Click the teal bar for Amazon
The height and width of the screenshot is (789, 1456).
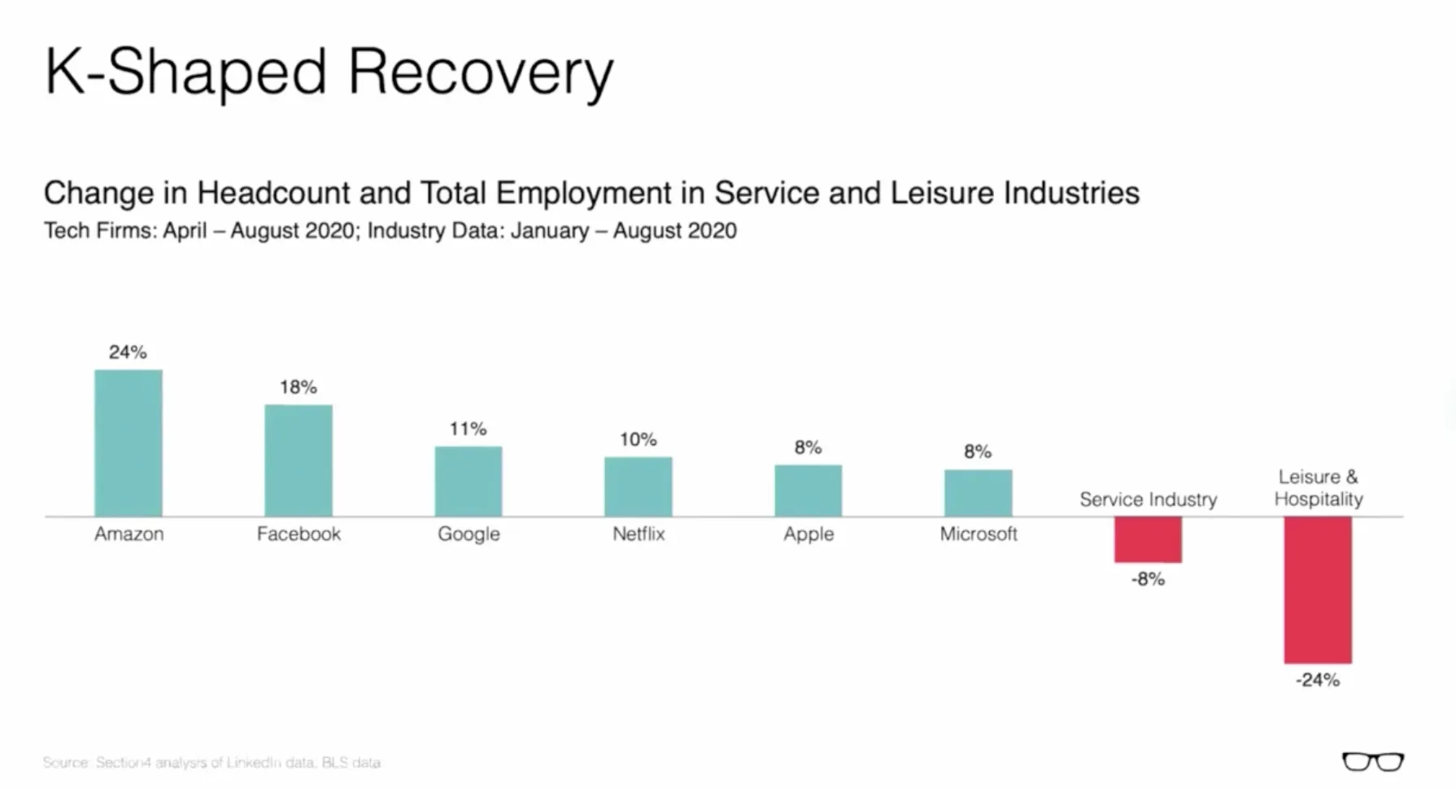[129, 443]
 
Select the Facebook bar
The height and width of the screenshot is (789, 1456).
[299, 460]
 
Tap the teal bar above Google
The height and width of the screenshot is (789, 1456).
[469, 482]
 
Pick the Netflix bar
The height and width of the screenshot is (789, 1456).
[639, 486]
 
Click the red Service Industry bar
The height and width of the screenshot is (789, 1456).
[1148, 539]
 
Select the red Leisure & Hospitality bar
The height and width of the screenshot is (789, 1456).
[1318, 590]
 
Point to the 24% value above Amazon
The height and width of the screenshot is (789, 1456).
[128, 352]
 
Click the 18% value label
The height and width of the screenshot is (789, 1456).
[299, 387]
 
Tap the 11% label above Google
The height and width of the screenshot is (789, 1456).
[469, 429]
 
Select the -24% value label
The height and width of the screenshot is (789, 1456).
[1318, 680]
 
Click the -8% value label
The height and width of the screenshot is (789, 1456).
[1148, 579]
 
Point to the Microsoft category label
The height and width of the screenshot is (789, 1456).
[979, 534]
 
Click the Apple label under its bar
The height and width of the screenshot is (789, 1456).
[809, 534]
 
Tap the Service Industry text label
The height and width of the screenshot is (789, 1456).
[1148, 499]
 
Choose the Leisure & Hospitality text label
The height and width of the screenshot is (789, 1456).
[1318, 488]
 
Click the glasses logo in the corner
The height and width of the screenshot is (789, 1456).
[1372, 762]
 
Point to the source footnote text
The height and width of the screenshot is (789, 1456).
[211, 763]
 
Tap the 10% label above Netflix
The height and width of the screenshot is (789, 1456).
[639, 440]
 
